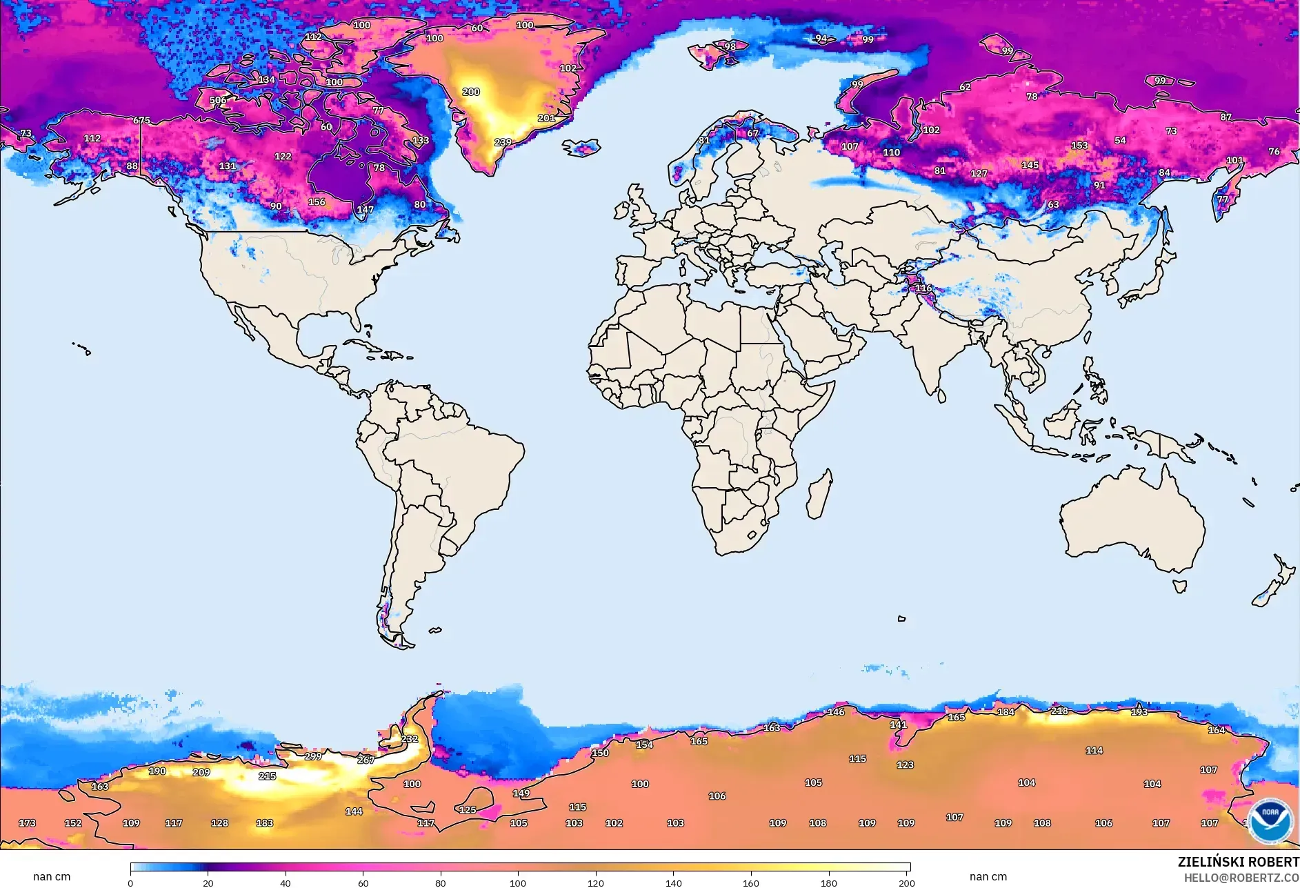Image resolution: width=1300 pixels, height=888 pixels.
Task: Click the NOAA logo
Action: (x=1270, y=820)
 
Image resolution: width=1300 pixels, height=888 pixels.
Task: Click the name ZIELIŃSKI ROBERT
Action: (x=1238, y=862)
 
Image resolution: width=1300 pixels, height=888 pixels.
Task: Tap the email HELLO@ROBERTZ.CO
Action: (x=1241, y=878)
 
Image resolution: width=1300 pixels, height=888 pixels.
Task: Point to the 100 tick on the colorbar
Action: (x=518, y=882)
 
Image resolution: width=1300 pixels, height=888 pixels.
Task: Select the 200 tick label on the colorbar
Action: (x=906, y=883)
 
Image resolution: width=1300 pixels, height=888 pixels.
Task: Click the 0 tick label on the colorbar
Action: (x=130, y=883)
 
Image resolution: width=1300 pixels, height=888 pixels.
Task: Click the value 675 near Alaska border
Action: (x=141, y=121)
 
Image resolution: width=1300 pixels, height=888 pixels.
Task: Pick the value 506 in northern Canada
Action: (x=218, y=100)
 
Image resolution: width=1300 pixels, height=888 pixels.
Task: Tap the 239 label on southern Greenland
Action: (x=503, y=142)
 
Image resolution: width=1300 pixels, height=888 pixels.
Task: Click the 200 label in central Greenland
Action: (x=471, y=92)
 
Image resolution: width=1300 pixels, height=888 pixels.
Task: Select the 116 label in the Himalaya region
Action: (x=923, y=288)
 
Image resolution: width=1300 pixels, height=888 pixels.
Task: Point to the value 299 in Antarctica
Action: (x=313, y=756)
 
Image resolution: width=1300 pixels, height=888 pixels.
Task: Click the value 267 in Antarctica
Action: (x=366, y=760)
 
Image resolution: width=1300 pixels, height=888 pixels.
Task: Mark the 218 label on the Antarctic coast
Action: (x=1059, y=711)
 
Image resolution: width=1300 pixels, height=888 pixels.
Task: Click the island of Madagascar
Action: (x=819, y=495)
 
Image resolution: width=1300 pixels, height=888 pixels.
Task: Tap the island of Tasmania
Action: (x=1180, y=586)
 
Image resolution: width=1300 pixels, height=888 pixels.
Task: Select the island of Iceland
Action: (x=581, y=148)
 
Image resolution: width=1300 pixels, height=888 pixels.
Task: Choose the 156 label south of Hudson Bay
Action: (x=317, y=202)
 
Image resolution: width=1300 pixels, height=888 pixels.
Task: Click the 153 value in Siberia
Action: (x=1079, y=146)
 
